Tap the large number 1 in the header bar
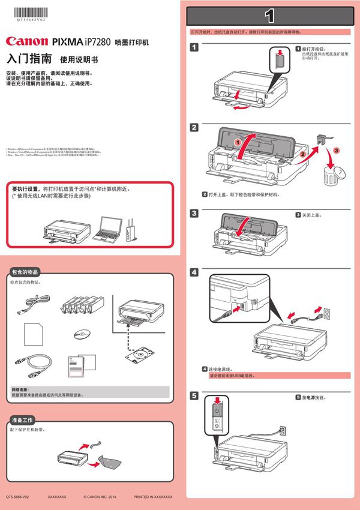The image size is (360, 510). [x=270, y=14]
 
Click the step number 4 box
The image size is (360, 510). [x=194, y=272]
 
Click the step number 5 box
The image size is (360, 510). [x=194, y=395]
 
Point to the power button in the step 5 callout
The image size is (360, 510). [x=217, y=410]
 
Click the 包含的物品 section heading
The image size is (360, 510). [x=29, y=272]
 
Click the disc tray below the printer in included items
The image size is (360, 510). [x=137, y=354]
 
